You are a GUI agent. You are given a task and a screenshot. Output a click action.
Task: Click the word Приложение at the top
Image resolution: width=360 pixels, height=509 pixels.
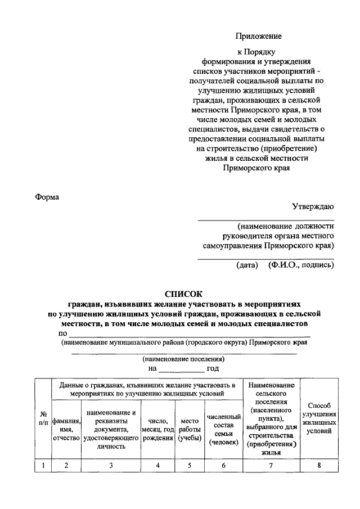coord(258,35)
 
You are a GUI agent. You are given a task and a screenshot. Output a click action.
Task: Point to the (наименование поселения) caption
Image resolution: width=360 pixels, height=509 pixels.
coord(183,358)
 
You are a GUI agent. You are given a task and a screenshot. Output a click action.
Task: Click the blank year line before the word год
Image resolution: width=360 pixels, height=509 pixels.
coord(182,370)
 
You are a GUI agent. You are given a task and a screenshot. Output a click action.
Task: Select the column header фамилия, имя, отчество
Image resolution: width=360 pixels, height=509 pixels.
coord(66,429)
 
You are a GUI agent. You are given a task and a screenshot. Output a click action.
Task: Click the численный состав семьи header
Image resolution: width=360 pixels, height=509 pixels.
coord(223,429)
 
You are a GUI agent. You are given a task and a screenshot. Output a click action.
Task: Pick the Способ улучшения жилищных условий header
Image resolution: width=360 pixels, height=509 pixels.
coord(319,418)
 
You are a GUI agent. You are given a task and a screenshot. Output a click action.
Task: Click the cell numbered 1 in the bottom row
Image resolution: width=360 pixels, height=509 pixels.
coord(43,465)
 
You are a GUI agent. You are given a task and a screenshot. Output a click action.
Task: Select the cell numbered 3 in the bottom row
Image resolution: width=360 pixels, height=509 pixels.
coord(111,465)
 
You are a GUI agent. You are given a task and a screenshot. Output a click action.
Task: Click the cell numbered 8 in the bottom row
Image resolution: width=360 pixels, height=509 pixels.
coord(319,465)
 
